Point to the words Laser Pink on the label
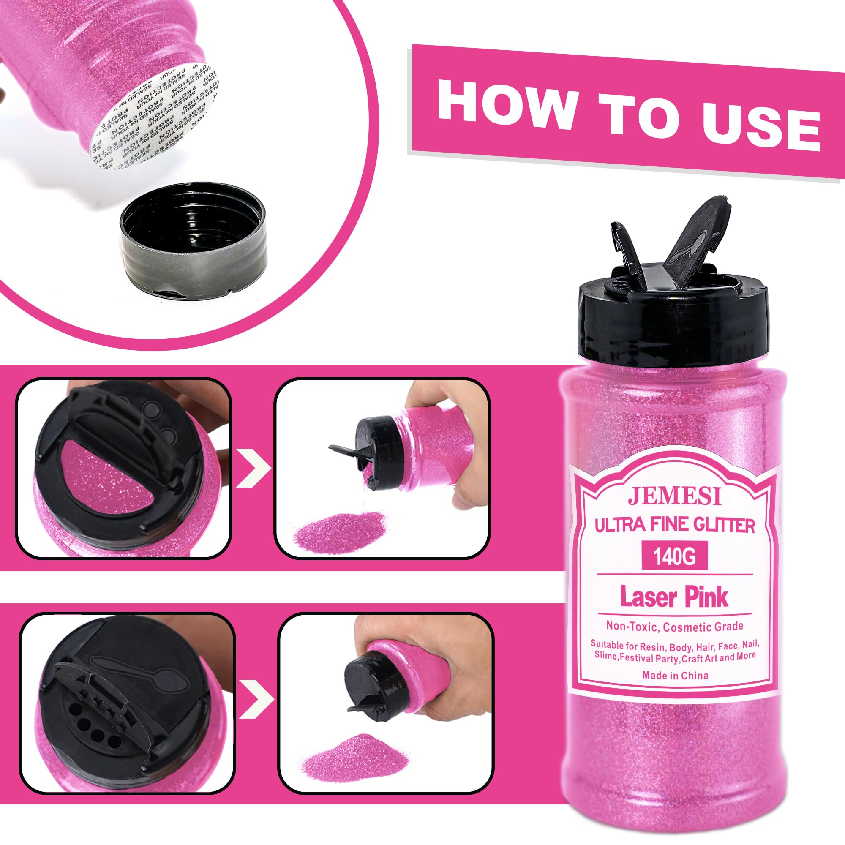[674, 598]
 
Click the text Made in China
[675, 675]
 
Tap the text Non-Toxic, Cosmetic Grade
[674, 626]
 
